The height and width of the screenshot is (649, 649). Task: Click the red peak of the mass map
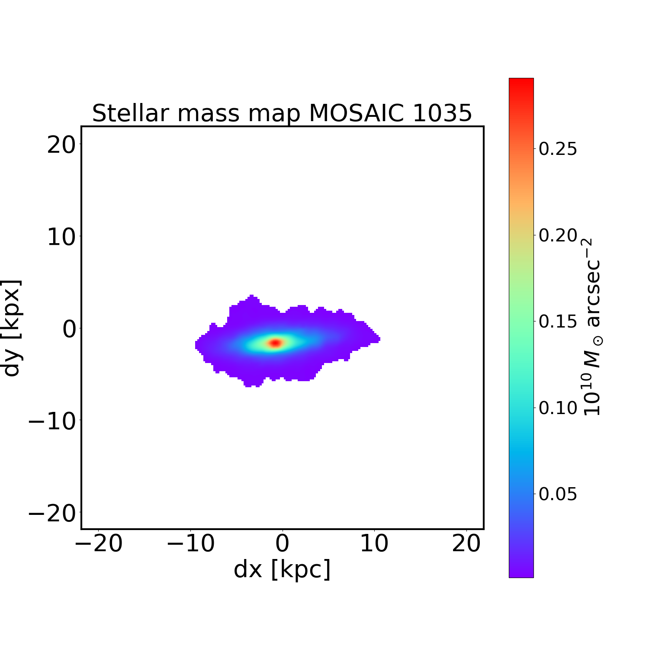(276, 343)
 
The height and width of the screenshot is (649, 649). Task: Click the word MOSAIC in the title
(357, 113)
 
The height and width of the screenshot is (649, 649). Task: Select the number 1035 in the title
(442, 113)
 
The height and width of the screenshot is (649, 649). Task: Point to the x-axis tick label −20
(99, 544)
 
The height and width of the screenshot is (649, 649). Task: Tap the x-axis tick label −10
(191, 544)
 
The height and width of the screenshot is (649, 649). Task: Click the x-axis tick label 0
(283, 544)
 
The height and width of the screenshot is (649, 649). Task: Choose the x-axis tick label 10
(374, 544)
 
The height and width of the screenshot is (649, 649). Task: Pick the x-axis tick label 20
(466, 544)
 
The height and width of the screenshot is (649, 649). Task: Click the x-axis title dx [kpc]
(282, 569)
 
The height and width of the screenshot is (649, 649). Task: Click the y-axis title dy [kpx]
(12, 328)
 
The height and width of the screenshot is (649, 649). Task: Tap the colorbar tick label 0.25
(558, 149)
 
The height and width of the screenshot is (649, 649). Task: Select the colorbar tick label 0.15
(558, 322)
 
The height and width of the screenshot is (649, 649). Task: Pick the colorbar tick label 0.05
(558, 494)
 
